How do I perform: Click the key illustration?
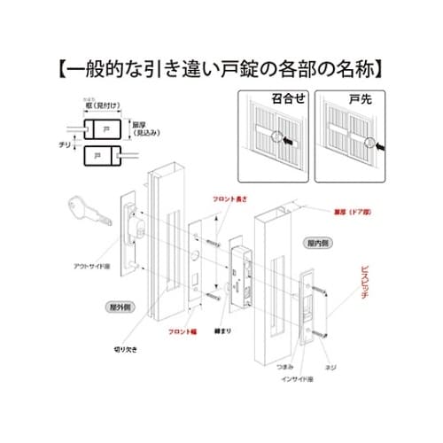(x=86, y=212)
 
